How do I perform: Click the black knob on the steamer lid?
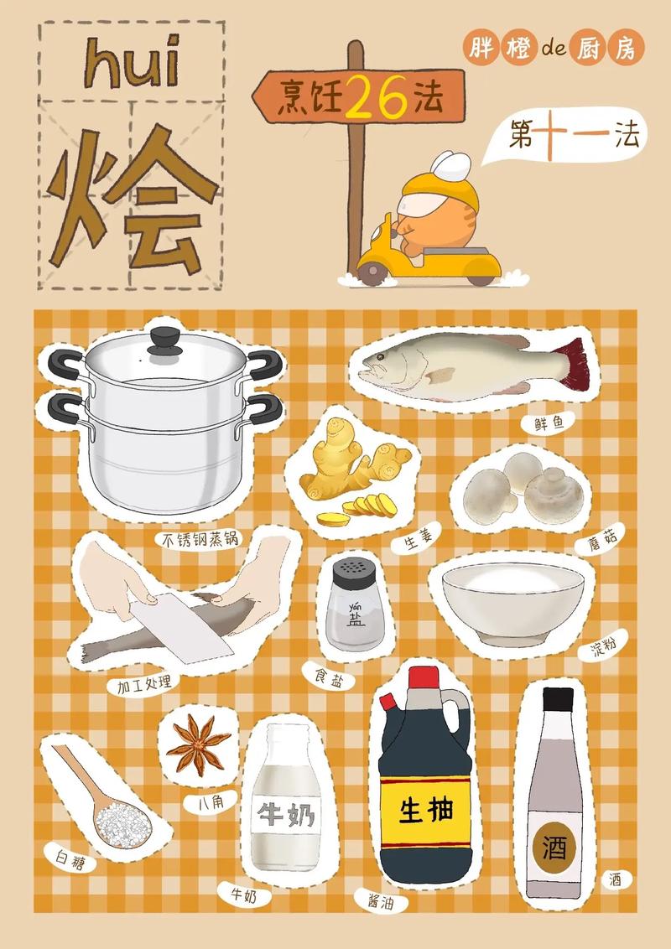(x=164, y=340)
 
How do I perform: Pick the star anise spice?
(x=198, y=743)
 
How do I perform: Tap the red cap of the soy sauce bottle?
(x=424, y=677)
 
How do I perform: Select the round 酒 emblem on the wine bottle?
(x=554, y=848)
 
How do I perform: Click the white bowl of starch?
(x=512, y=600)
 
